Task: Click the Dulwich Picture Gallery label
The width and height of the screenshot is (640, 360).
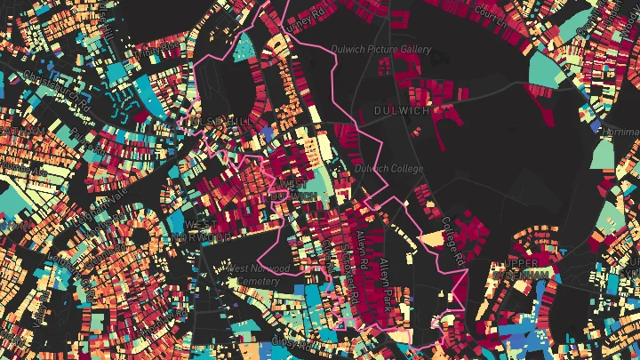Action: tap(380, 50)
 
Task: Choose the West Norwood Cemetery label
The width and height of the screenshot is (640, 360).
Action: tap(258, 275)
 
